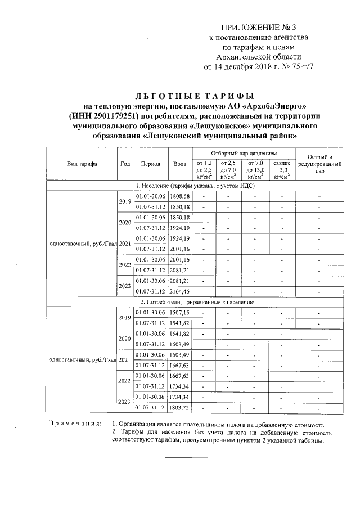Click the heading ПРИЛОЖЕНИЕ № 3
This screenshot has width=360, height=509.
coord(259,27)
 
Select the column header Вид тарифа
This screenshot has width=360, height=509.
coord(82,164)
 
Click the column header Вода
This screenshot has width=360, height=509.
coord(179,164)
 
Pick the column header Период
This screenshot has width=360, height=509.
coord(150,164)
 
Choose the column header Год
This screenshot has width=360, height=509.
coord(125,164)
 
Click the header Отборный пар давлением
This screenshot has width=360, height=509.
coord(244,153)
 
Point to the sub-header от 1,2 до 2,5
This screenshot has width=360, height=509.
coord(204,169)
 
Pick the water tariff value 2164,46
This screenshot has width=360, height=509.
coord(180,292)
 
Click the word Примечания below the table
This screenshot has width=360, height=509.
coord(74,424)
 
